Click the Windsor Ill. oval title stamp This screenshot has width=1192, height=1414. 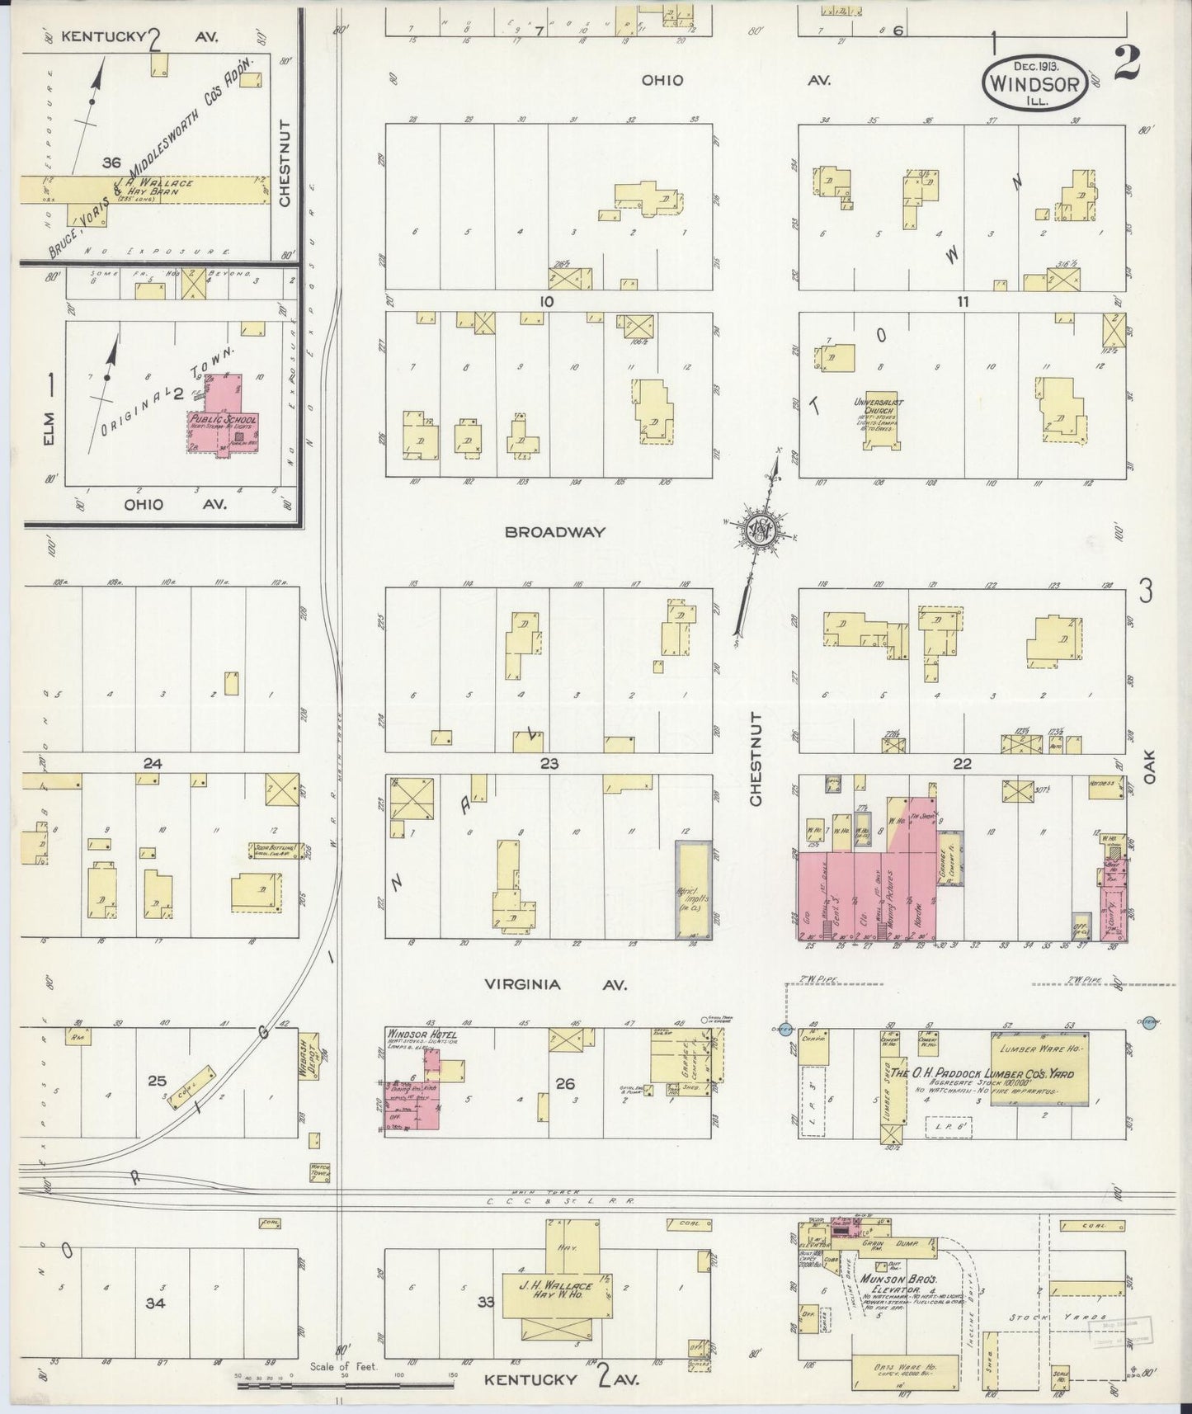point(1034,82)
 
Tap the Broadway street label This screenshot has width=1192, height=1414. point(555,533)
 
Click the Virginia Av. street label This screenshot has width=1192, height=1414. point(555,984)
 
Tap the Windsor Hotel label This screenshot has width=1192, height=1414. point(415,1034)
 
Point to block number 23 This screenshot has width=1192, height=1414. point(549,764)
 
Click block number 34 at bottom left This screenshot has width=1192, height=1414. point(155,1303)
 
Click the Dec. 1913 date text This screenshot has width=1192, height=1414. point(1034,64)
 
